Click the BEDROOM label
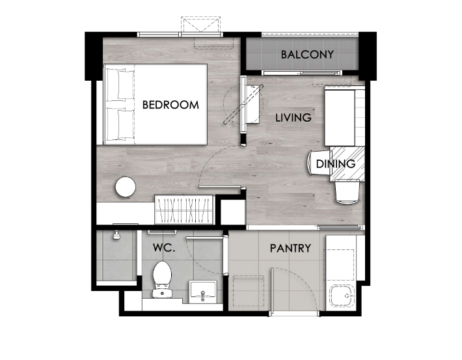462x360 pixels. click(170, 105)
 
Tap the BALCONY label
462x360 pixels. click(307, 55)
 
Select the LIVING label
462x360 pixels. click(293, 118)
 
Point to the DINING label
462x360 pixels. click(336, 164)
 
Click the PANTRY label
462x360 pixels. click(290, 248)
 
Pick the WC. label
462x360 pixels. click(164, 247)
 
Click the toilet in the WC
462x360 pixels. click(162, 279)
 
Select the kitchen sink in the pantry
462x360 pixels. click(342, 296)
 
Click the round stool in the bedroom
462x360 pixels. click(126, 187)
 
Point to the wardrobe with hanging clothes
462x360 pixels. click(184, 210)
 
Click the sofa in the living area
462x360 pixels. click(344, 116)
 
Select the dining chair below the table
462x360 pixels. click(347, 192)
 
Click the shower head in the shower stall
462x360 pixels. click(117, 235)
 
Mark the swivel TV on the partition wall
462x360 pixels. click(243, 104)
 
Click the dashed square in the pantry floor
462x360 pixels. click(249, 290)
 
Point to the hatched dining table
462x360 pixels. click(347, 164)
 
